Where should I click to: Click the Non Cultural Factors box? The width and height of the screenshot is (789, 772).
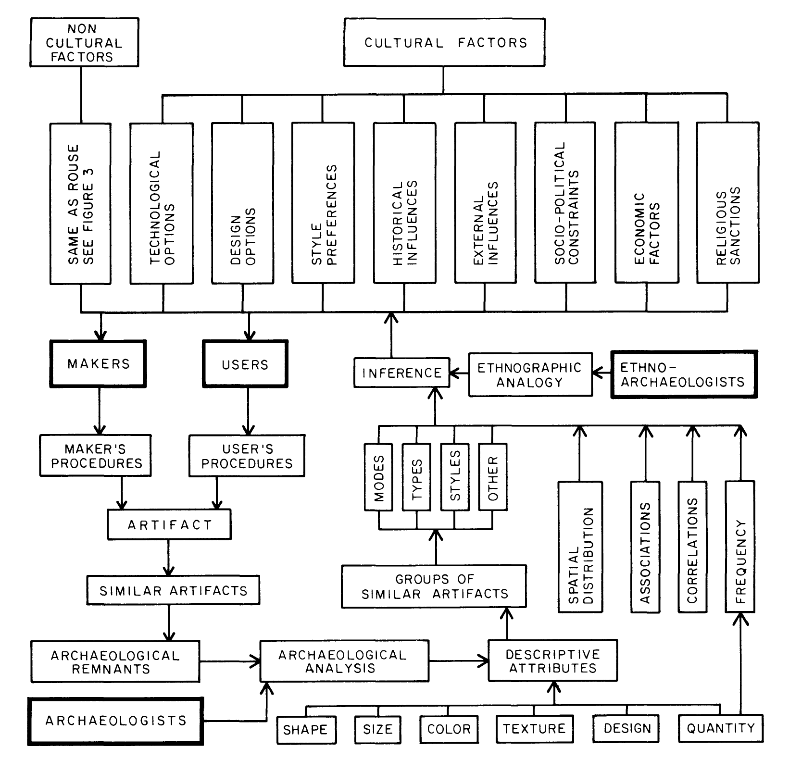[x=84, y=42]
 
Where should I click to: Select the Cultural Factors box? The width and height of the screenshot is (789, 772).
[x=445, y=42]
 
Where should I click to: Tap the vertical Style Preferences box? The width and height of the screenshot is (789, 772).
[x=323, y=203]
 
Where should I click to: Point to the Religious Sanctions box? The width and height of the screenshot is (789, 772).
[x=727, y=203]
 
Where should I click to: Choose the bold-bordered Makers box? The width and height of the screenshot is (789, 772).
[x=98, y=364]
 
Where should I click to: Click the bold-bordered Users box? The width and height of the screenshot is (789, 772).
[x=245, y=364]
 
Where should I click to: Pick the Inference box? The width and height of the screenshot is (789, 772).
[x=401, y=373]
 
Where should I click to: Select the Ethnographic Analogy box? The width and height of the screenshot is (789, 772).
[x=530, y=374]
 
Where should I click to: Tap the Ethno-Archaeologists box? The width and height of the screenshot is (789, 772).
[x=683, y=374]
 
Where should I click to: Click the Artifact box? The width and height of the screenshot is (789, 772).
[x=169, y=524]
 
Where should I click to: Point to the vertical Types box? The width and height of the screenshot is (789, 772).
[x=416, y=477]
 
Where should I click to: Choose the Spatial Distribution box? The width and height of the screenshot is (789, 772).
[x=580, y=547]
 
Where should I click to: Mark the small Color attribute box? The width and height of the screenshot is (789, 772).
[x=449, y=729]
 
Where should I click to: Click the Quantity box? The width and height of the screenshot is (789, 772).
[x=720, y=729]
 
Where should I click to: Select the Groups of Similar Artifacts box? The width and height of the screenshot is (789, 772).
[x=434, y=586]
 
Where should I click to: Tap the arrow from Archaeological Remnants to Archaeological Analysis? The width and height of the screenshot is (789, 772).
[x=230, y=661]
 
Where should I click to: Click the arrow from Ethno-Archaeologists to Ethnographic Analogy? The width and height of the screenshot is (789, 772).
[x=602, y=374]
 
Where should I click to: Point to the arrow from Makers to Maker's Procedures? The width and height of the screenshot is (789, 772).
[x=99, y=411]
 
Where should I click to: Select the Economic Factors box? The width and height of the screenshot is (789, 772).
[x=647, y=203]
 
